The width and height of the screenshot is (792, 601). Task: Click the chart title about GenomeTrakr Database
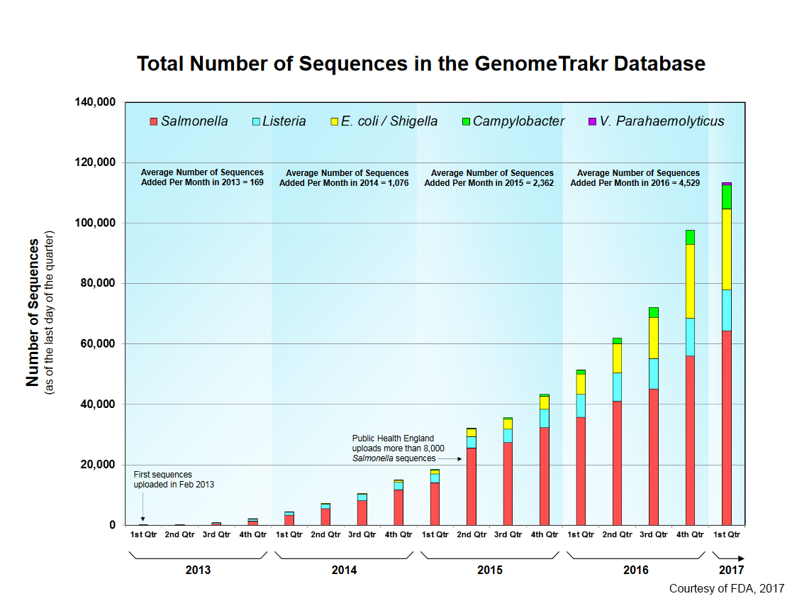tap(420, 64)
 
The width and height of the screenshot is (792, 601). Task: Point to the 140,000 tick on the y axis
tap(95, 102)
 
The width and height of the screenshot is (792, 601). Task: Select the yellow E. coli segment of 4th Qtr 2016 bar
tap(690, 281)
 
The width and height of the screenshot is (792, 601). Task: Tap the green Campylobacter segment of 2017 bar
tap(726, 197)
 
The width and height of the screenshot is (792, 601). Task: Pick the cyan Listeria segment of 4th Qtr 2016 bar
tap(690, 337)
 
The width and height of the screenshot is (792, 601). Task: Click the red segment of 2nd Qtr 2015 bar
tap(472, 486)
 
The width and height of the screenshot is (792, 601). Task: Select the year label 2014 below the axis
tap(344, 570)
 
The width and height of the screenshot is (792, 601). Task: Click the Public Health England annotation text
tap(398, 448)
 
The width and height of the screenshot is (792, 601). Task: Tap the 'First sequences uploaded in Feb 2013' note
tap(174, 479)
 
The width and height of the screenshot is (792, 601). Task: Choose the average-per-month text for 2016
tap(638, 177)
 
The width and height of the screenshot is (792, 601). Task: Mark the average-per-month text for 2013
tap(202, 177)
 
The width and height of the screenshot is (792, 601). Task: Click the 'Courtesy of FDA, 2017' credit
tap(727, 588)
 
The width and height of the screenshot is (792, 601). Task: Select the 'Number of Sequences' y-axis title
tap(33, 312)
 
